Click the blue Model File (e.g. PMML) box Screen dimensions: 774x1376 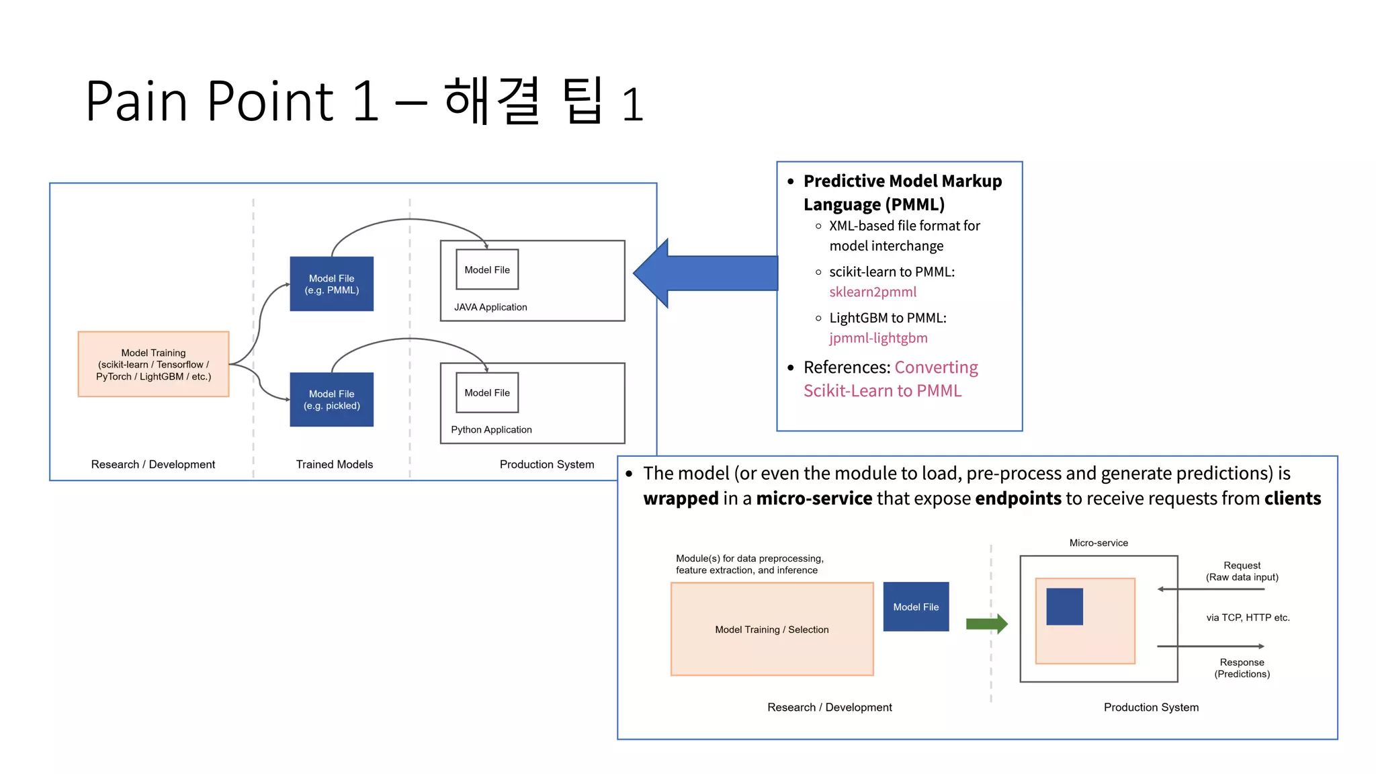[x=331, y=284]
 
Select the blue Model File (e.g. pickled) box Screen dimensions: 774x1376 [x=331, y=399]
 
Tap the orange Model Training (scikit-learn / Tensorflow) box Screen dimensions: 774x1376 [x=153, y=364]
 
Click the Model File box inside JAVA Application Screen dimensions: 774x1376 [x=487, y=269]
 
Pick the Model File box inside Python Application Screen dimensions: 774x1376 [x=487, y=392]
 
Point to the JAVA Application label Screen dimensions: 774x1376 [x=490, y=307]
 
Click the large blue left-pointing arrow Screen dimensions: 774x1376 [x=705, y=273]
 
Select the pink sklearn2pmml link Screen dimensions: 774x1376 [x=872, y=292]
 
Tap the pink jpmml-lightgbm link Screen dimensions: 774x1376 [x=877, y=338]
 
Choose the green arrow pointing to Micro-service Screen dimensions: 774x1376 [x=986, y=623]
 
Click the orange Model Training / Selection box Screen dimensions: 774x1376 [x=771, y=629]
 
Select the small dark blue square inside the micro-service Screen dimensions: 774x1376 [x=1064, y=606]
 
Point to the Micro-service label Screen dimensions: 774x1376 [x=1099, y=543]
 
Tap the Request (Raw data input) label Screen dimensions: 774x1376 [x=1242, y=571]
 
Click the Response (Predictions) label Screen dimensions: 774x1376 [x=1242, y=668]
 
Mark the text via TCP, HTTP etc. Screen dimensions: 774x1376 [x=1248, y=617]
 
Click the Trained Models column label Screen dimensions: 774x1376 [x=334, y=464]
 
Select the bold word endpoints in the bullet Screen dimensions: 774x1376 [x=1018, y=499]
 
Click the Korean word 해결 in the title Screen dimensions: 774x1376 [x=492, y=101]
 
